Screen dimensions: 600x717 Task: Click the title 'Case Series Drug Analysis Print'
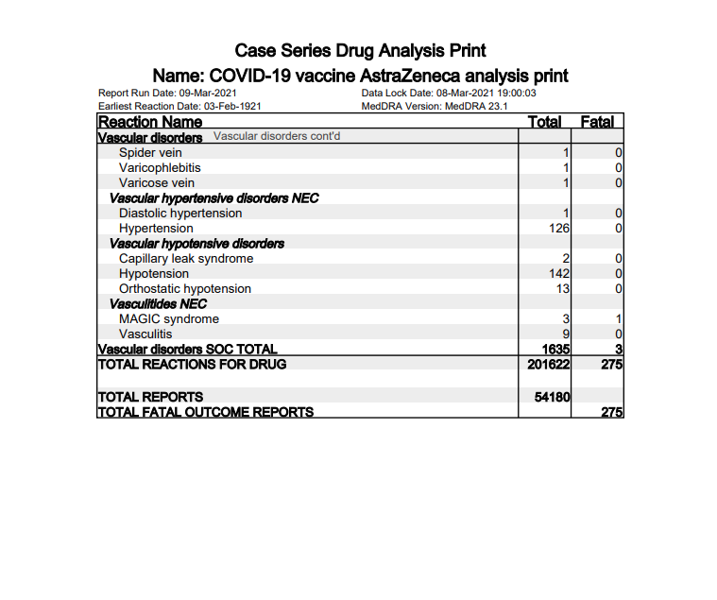pos(360,50)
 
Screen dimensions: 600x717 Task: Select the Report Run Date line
pos(167,94)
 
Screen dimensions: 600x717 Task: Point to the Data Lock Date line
pos(449,94)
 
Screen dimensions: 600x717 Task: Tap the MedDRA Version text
pos(435,107)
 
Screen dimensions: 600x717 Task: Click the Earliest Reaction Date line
pos(179,107)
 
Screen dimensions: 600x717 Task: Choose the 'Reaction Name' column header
pos(150,122)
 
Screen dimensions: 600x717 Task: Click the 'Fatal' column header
pos(597,122)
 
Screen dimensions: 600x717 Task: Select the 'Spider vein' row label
pos(150,152)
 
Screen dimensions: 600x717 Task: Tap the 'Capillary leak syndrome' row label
pos(186,258)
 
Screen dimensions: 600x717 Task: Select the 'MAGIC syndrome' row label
pos(169,318)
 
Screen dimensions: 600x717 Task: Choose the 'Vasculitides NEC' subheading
pos(158,303)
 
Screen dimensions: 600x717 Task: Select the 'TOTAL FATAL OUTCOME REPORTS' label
pos(206,412)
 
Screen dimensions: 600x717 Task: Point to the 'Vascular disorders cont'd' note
pos(277,137)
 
